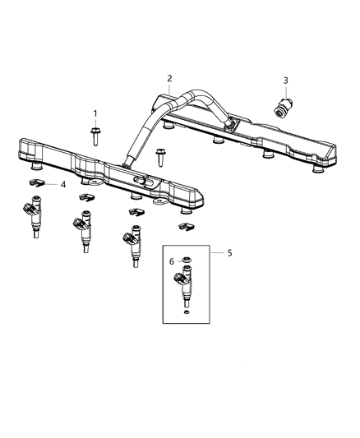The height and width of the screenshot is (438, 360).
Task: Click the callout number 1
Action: (x=95, y=113)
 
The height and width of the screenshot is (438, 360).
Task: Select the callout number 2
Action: (x=169, y=79)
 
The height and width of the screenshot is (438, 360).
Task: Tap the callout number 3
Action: (x=285, y=81)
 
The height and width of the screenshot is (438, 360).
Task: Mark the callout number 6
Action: (x=172, y=261)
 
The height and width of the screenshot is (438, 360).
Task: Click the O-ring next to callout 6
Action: (x=187, y=262)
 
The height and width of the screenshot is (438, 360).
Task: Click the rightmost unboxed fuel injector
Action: (x=132, y=244)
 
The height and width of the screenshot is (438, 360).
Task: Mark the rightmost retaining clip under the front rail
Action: (x=186, y=224)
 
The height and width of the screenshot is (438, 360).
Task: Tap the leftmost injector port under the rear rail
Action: (x=168, y=126)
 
